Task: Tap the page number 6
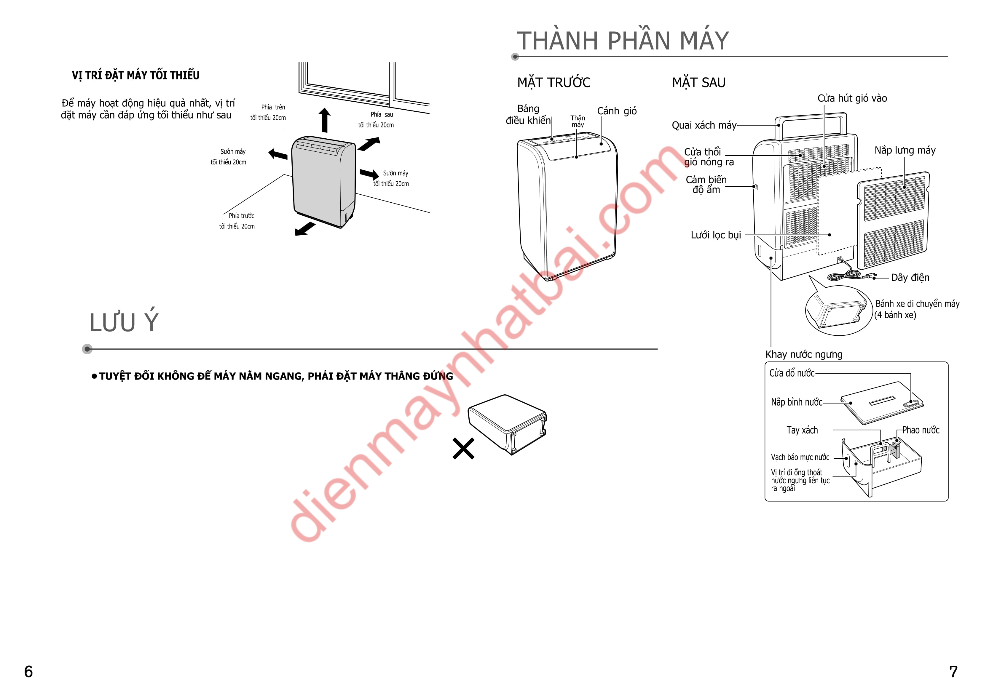click(28, 672)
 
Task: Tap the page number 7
click(953, 672)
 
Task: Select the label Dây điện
click(910, 278)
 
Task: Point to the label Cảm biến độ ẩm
click(706, 185)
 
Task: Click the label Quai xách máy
click(704, 125)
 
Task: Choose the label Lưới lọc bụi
click(716, 235)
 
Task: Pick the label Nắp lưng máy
click(905, 150)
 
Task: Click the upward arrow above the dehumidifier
click(325, 120)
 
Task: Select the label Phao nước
click(921, 430)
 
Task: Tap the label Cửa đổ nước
click(792, 373)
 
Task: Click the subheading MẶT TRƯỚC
click(554, 82)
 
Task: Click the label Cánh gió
click(617, 111)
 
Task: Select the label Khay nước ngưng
click(804, 354)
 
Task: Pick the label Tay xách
click(802, 430)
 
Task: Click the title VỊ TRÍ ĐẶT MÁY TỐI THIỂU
click(135, 75)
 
